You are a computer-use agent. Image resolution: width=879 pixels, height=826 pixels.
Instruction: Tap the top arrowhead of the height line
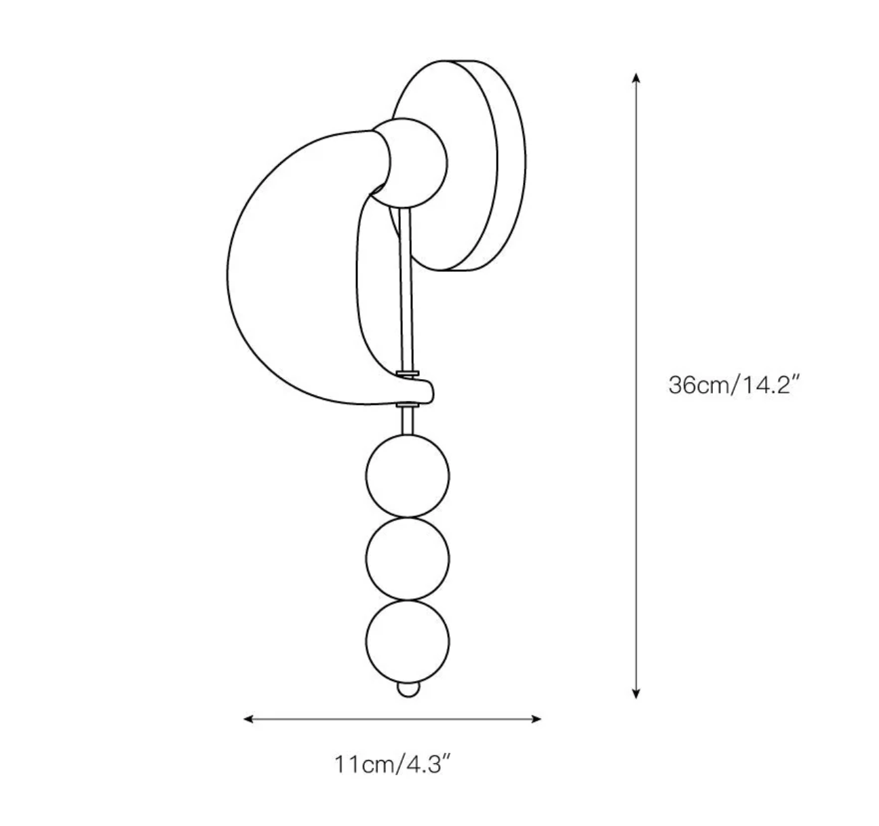(636, 77)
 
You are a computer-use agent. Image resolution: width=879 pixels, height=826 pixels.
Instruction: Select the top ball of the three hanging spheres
(408, 475)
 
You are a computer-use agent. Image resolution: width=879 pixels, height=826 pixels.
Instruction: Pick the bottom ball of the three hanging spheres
(408, 642)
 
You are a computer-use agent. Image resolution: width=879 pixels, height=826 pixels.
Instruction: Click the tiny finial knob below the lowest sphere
(408, 688)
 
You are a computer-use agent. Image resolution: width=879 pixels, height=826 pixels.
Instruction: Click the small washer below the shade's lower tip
(408, 406)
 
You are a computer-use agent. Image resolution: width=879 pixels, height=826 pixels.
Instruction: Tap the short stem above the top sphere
(408, 422)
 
